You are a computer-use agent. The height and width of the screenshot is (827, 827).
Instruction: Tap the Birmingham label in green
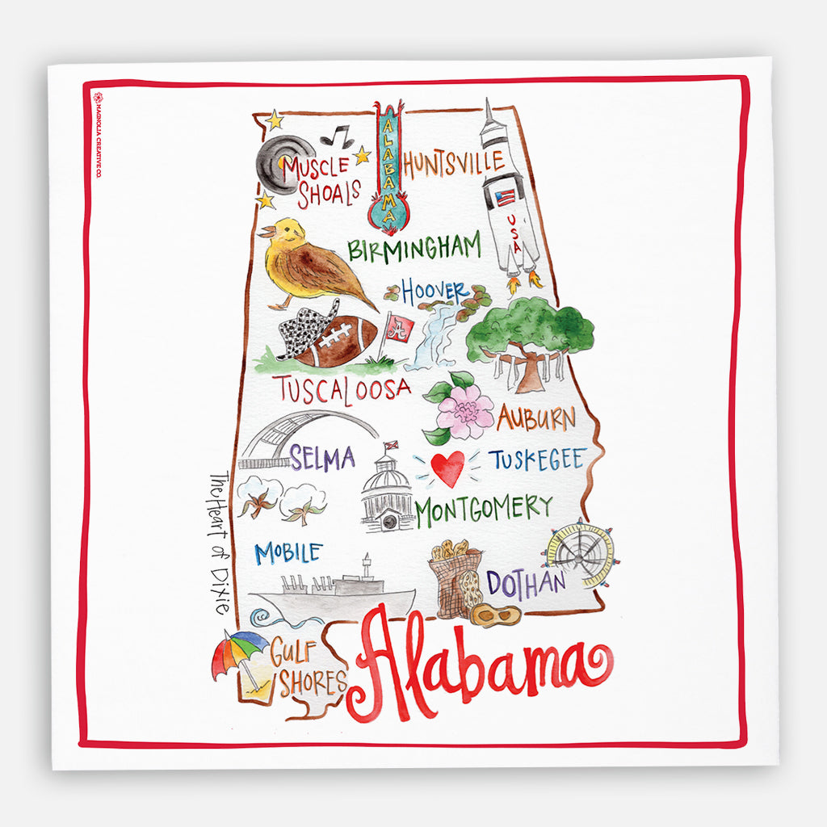(414, 247)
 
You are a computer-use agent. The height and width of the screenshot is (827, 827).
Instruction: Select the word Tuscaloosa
(341, 389)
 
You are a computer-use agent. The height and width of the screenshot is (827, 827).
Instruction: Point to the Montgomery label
(484, 510)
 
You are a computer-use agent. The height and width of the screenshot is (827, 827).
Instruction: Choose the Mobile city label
(288, 553)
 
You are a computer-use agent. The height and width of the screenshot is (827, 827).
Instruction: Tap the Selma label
(322, 459)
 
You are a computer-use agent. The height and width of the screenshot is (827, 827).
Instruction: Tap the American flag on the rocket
(506, 197)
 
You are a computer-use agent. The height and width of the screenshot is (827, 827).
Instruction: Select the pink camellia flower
(464, 411)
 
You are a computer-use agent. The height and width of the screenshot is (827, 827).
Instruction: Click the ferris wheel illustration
(580, 553)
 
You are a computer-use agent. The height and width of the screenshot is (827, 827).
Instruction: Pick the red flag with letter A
(398, 327)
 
